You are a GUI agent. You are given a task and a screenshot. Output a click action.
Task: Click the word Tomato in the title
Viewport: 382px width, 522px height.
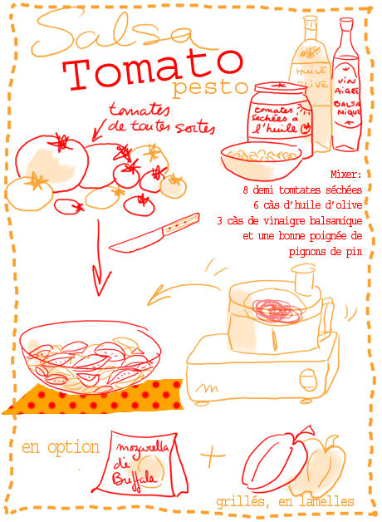pos(153,70)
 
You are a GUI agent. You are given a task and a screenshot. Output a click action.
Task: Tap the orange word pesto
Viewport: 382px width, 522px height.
pos(210,88)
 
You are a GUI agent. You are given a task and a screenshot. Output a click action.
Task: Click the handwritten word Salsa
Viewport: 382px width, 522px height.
pos(113,32)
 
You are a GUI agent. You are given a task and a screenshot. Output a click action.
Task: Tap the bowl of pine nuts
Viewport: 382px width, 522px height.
pos(262,160)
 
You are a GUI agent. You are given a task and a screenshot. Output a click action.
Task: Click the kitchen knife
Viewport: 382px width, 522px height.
pos(154,233)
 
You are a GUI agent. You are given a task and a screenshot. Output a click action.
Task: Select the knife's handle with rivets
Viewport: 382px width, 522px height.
pos(181,224)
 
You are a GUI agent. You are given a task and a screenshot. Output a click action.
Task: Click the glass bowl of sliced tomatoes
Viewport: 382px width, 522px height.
pos(90,357)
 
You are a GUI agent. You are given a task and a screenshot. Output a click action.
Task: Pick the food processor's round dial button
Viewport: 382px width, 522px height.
pos(308,380)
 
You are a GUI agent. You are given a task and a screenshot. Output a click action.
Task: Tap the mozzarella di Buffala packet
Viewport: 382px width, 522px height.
pos(140,463)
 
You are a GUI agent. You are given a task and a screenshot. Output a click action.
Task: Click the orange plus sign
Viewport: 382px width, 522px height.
pos(212,455)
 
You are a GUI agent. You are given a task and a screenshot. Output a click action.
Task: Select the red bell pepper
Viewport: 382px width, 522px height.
pos(277,460)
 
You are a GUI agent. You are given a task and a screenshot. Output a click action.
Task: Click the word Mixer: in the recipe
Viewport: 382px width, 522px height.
pos(345,175)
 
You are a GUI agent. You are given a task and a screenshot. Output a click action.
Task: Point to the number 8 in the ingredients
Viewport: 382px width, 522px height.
pos(245,190)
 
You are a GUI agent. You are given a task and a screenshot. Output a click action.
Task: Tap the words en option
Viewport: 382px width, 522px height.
pos(61,448)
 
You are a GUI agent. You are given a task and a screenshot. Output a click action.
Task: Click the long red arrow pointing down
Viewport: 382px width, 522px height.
pos(99,256)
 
